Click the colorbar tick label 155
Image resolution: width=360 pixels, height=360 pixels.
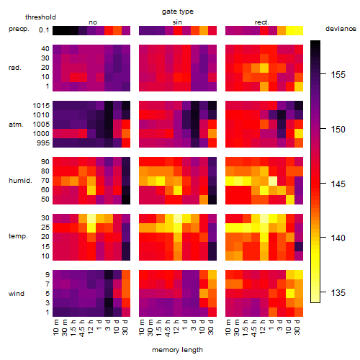coord(338,75)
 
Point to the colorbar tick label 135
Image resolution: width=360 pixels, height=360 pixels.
coord(338,293)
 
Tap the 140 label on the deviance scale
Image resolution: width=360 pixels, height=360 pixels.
coord(338,238)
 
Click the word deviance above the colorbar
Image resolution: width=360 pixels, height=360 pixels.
coord(341,29)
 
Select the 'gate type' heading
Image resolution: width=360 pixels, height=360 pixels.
coord(178,12)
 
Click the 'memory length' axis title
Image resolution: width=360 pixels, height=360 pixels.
coord(177,350)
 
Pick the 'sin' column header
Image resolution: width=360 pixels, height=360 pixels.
coord(177,22)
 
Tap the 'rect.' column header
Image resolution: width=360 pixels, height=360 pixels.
coord(262,22)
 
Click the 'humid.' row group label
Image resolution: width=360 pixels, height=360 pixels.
coord(20,181)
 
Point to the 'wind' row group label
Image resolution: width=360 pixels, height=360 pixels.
coord(17,294)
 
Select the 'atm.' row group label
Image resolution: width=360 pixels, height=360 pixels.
coord(16,125)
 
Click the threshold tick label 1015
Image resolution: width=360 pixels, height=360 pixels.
coord(41,106)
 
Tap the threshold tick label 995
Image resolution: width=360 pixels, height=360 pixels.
coord(43,143)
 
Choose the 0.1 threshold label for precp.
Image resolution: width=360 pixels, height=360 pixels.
coord(44,30)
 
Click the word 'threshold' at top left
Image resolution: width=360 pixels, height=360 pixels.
coord(40,17)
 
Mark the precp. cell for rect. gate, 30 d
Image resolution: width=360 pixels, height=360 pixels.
coord(299,30)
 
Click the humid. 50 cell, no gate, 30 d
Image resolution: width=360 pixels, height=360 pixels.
coord(126,199)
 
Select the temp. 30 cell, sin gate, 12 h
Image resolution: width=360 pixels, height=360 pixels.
coord(178,218)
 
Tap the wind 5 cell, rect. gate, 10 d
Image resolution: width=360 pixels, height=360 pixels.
coord(290,293)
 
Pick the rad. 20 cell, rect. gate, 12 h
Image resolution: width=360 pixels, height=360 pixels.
coord(264,68)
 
